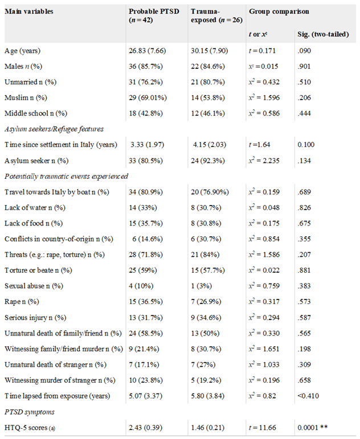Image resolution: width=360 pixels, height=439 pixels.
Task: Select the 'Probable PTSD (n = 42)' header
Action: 152,16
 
